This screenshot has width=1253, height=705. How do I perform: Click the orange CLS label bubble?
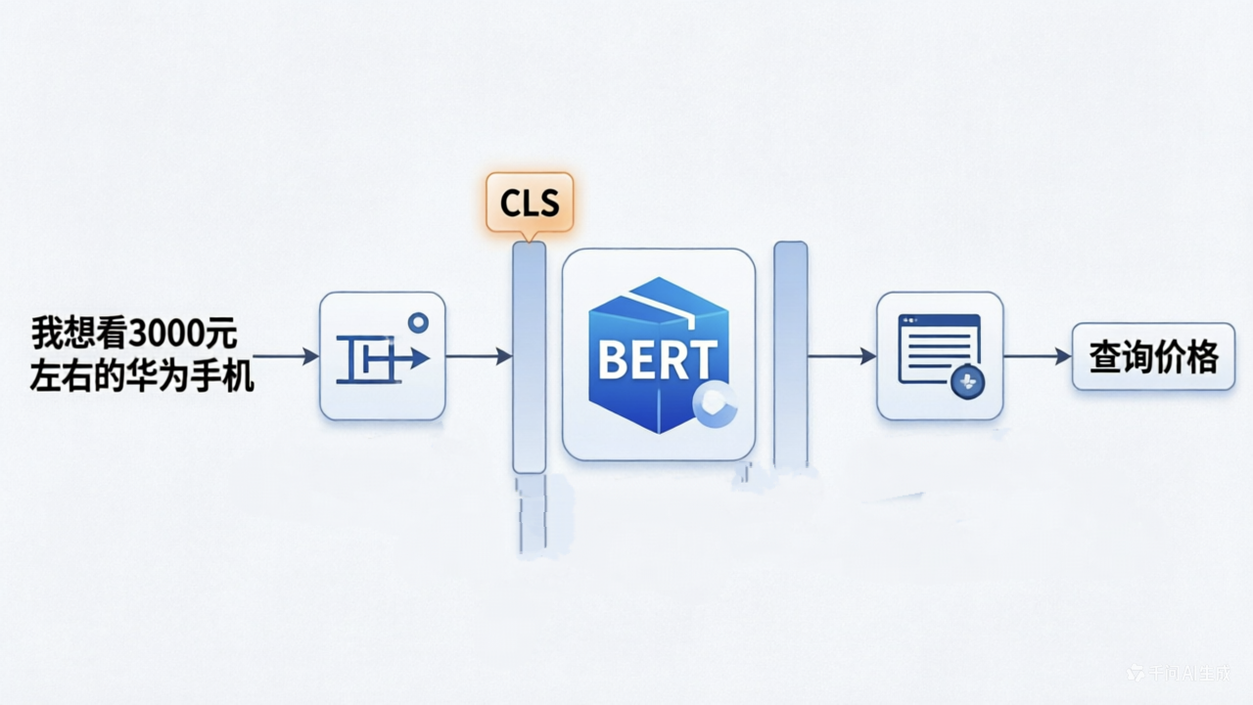[530, 203]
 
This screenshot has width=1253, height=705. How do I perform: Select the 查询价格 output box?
[1153, 356]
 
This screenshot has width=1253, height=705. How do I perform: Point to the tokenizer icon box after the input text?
[382, 356]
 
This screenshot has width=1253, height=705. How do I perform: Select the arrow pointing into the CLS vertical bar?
[479, 356]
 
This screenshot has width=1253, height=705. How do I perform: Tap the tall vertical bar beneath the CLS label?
[529, 357]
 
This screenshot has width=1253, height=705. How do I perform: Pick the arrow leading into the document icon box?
[841, 356]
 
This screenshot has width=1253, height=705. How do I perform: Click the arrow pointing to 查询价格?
[1038, 356]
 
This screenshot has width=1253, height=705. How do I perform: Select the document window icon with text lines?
[939, 349]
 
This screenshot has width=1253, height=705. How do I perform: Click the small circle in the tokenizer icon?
[418, 322]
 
